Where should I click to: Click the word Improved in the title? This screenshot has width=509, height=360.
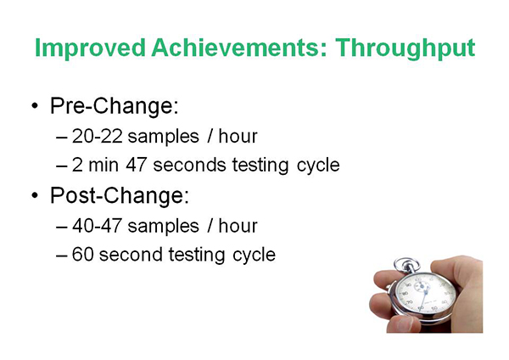click(x=90, y=48)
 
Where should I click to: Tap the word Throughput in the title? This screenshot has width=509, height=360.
click(x=406, y=48)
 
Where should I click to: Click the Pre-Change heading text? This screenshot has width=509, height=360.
click(x=115, y=106)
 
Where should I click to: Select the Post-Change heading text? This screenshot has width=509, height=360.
click(x=120, y=195)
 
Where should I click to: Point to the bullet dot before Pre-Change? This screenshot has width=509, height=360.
click(x=35, y=106)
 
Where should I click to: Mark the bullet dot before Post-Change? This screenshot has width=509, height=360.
click(x=35, y=195)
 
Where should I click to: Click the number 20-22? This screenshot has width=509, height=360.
click(x=98, y=136)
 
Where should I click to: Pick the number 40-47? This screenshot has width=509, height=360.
click(x=98, y=226)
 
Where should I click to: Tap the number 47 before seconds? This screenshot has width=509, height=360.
click(x=137, y=165)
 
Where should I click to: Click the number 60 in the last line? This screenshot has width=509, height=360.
click(x=83, y=255)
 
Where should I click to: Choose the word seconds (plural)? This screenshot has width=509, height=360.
click(x=189, y=165)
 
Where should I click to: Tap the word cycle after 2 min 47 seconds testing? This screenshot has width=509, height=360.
click(x=318, y=166)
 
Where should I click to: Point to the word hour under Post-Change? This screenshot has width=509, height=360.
click(x=238, y=226)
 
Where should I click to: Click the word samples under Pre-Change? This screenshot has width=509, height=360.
click(x=163, y=137)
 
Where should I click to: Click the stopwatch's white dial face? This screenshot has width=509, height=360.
click(x=426, y=295)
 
